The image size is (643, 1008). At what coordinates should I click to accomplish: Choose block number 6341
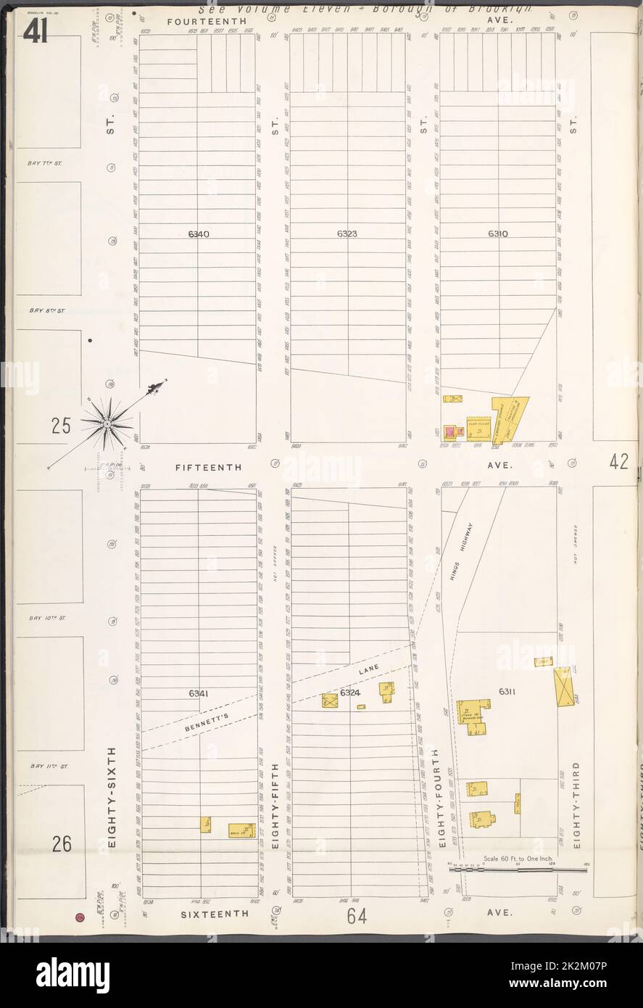199,693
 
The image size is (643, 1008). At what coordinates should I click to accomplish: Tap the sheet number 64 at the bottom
356,917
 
